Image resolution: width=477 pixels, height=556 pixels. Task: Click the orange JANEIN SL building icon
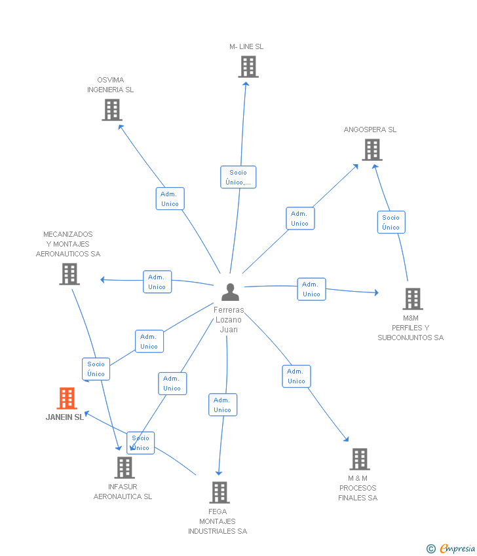coord(67,398)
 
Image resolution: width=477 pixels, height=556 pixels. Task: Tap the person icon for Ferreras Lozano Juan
coord(230,292)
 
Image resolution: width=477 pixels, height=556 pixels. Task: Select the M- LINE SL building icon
coord(248,67)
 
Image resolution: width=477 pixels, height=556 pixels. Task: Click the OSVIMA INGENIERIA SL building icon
coord(112,110)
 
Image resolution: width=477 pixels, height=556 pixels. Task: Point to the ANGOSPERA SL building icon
coord(372,150)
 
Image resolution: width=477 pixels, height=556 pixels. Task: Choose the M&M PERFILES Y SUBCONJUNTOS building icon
coord(413,299)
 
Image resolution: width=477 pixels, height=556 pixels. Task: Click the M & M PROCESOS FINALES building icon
coord(360,459)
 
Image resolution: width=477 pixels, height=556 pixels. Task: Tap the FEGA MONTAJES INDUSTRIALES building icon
coord(219,493)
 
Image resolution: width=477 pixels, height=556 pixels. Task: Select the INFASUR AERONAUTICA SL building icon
coord(124,468)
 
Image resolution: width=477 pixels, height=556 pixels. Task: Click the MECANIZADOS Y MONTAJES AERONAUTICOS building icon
coord(69,274)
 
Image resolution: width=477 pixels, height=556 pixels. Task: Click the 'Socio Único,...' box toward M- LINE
coord(238,177)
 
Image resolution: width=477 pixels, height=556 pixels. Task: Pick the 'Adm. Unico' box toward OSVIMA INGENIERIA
coord(170,199)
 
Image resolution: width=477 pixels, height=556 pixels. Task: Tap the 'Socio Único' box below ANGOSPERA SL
coord(391,222)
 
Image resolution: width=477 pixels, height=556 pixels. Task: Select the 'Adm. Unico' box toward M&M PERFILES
coord(311,289)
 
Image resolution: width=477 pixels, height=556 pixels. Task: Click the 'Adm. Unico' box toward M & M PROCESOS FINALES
coord(297,376)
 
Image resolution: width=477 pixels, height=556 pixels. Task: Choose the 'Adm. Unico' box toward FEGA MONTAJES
coord(223,405)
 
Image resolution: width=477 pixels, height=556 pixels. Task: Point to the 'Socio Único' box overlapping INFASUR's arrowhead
coord(141,443)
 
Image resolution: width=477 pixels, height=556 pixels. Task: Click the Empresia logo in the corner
coord(451,548)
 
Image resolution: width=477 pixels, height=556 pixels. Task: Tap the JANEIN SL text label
coord(65,417)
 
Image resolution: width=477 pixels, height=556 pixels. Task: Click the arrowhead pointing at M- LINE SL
coord(246,84)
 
